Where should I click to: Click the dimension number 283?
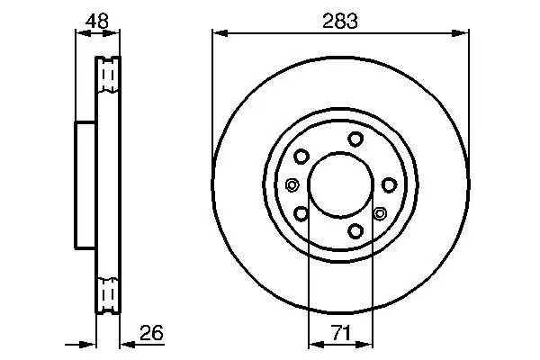pyautogui.click(x=340, y=21)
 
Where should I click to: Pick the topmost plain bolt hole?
pyautogui.click(x=356, y=138)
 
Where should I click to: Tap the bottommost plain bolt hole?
pyautogui.click(x=356, y=231)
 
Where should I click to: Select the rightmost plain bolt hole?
pyautogui.click(x=389, y=184)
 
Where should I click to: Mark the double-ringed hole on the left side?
pyautogui.click(x=292, y=185)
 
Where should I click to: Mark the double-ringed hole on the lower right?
pyautogui.click(x=379, y=213)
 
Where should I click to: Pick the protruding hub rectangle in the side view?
pyautogui.click(x=85, y=185)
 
